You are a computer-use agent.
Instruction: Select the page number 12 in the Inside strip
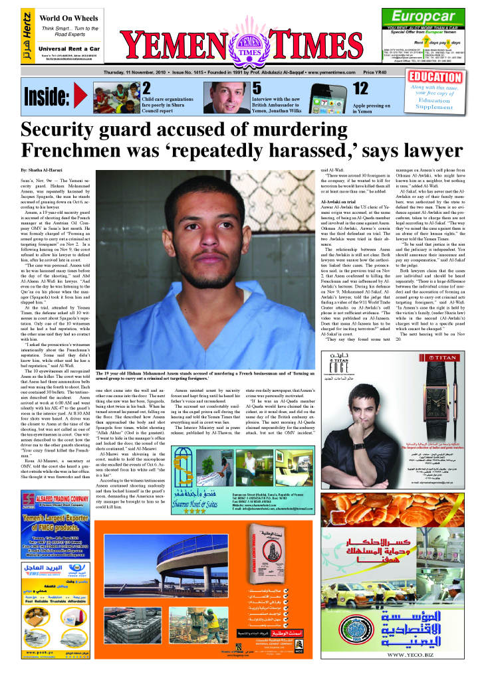point(360,88)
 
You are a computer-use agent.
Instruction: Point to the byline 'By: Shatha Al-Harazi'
point(47,171)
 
